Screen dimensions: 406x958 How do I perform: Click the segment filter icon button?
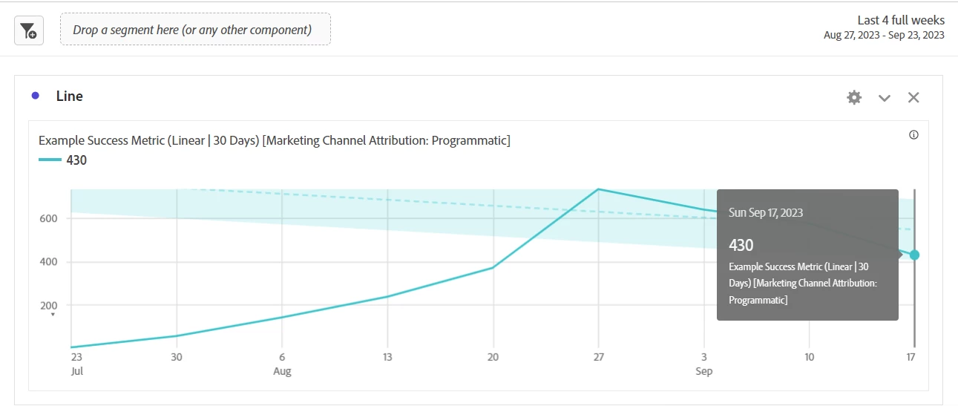(29, 30)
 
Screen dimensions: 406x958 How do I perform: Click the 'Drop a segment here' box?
(195, 30)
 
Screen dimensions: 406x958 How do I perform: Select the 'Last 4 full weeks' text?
(901, 20)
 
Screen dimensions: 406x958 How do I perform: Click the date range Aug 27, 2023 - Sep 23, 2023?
(884, 35)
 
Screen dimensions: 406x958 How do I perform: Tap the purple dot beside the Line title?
(36, 96)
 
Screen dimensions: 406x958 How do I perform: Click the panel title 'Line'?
(70, 96)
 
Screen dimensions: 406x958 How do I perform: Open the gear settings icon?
(854, 97)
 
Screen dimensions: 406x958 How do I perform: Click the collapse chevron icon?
(885, 98)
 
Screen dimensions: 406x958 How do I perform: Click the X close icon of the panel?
(913, 97)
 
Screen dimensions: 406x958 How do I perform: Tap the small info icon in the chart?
(913, 135)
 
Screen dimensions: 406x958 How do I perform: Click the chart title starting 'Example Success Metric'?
(274, 140)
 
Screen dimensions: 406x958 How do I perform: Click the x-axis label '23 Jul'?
(76, 363)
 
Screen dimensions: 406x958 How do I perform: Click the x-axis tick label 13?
(387, 357)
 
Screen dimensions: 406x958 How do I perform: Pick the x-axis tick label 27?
(598, 357)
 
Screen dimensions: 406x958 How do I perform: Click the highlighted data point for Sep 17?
(914, 255)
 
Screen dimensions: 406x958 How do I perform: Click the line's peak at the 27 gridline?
(598, 189)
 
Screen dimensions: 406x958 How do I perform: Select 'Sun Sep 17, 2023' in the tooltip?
(766, 213)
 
